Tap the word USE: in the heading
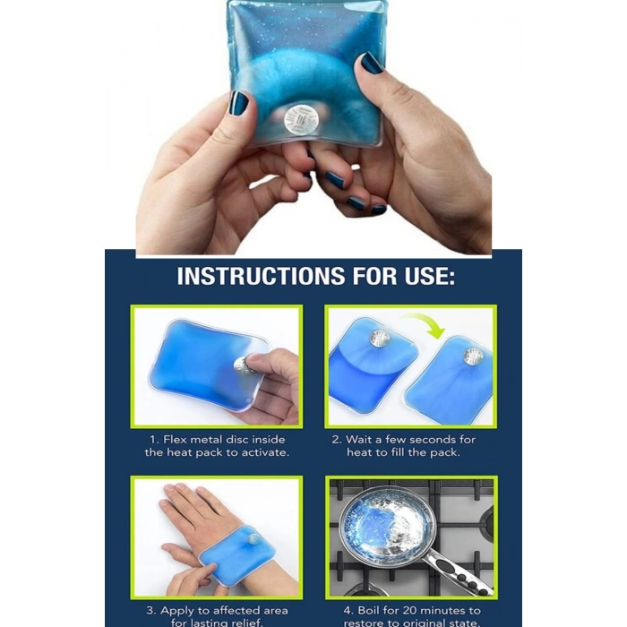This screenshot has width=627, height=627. [x=430, y=276]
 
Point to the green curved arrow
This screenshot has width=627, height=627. [x=425, y=323]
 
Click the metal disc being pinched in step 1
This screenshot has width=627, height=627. [x=242, y=365]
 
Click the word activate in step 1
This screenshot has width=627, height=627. [x=265, y=452]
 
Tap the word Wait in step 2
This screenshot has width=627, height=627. [x=356, y=440]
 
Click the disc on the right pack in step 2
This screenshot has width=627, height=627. [x=473, y=356]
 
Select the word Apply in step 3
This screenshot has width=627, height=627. [x=177, y=611]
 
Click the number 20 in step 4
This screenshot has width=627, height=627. [x=409, y=611]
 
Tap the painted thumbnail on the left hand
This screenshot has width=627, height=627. [x=239, y=104]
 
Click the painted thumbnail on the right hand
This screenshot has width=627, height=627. [x=372, y=63]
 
